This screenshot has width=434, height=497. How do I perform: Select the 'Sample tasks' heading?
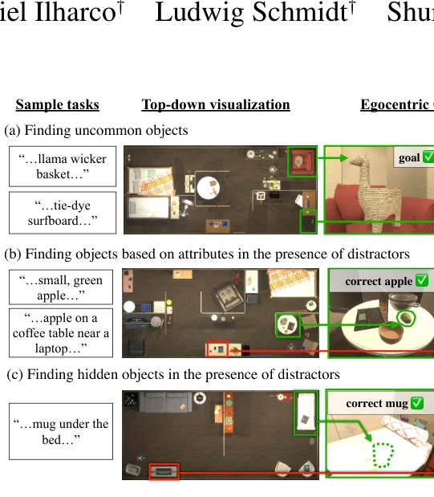pos(57,104)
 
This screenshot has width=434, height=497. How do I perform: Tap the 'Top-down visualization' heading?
pos(216,104)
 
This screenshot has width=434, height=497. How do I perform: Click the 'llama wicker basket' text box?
pos(63,166)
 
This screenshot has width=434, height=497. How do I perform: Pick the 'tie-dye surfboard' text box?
pos(63,213)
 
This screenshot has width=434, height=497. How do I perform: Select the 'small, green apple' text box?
pos(61,287)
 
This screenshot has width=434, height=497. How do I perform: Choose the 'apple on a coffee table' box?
pos(61,333)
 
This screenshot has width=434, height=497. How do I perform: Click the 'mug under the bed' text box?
pos(61,431)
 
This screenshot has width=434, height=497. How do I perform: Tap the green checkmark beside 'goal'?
pos(428,157)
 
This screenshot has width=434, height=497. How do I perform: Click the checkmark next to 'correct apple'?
pos(422,280)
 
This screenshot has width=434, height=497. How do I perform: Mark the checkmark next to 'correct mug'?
pos(417,403)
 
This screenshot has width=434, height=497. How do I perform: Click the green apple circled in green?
pos(405,318)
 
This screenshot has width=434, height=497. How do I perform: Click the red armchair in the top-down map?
pos(302,161)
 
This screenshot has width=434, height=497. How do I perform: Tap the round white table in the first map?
pos(209,188)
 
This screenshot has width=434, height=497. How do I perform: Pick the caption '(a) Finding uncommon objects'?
pos(96,130)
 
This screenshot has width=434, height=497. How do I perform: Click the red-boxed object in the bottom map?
pos(164,471)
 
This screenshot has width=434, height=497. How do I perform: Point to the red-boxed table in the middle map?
pos(217,349)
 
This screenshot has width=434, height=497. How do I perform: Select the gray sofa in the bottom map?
pos(165,401)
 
